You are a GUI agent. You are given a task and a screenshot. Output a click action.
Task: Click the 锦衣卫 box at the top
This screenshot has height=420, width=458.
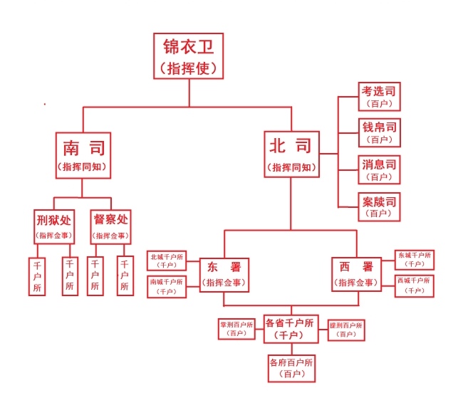click(x=189, y=56)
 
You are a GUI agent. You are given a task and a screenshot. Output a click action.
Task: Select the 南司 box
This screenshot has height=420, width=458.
click(x=83, y=155)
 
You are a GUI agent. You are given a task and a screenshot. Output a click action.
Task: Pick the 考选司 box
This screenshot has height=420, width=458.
click(x=378, y=96)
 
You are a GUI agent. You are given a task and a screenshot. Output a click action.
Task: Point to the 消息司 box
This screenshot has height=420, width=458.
click(x=378, y=169)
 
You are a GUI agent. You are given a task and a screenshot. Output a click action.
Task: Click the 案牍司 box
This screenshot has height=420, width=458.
click(x=378, y=206)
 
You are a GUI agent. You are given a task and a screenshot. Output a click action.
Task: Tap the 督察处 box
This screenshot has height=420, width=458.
click(x=111, y=226)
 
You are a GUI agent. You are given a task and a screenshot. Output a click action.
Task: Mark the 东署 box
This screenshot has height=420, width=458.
click(x=224, y=274)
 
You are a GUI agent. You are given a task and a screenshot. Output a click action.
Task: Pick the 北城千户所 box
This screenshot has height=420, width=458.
click(x=166, y=260)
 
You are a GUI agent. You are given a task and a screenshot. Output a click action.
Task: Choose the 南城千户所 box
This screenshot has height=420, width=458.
click(x=166, y=286)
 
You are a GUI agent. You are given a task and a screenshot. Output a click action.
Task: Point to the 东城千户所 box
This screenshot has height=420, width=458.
click(x=415, y=259)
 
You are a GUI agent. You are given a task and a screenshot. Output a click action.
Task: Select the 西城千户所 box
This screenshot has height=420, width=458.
click(x=415, y=285)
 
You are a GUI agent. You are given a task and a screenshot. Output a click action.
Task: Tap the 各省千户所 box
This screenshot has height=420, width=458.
click(x=291, y=328)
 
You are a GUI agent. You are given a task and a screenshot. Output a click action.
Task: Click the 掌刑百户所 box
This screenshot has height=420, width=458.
click(x=236, y=329)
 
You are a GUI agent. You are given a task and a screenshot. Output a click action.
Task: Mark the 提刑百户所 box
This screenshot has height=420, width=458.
click(x=346, y=329)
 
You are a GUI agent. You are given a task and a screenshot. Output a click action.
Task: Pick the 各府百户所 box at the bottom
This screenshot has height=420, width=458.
click(x=291, y=367)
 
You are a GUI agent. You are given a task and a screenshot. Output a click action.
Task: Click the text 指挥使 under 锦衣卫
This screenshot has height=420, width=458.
click(x=189, y=68)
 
